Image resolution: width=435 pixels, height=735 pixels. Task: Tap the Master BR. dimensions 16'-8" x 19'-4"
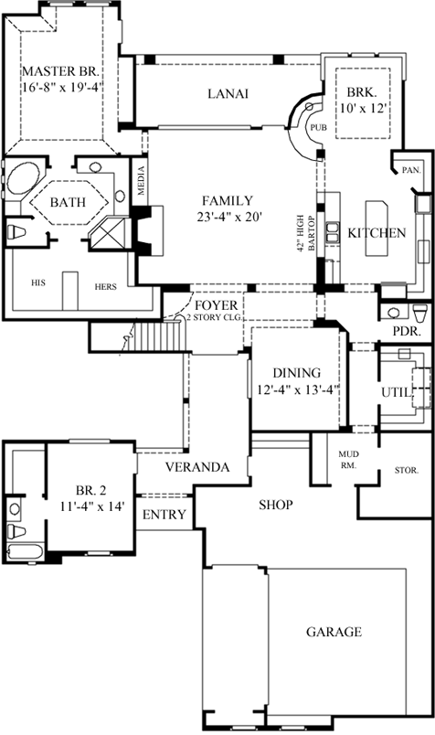[x=61, y=87]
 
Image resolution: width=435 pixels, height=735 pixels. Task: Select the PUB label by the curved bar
[x=319, y=127]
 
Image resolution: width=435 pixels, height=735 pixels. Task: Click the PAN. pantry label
[x=411, y=170]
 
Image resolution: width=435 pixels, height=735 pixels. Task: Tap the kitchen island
[x=377, y=229]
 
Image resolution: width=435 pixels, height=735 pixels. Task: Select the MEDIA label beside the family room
[x=142, y=181]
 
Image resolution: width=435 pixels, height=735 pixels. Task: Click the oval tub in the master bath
[x=22, y=179]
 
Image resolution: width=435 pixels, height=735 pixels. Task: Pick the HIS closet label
[x=38, y=282]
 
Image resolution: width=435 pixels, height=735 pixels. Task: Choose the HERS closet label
[x=105, y=286]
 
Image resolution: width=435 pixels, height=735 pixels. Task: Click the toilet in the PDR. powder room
[x=421, y=313]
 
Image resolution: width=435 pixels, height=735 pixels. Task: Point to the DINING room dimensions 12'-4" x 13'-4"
[x=299, y=389]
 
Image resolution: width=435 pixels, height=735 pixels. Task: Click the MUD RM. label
[x=349, y=460]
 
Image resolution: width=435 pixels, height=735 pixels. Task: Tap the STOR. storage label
[x=407, y=470]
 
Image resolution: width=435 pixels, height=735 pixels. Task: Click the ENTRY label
[x=164, y=515]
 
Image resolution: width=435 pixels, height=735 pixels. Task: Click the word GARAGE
[x=334, y=632]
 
